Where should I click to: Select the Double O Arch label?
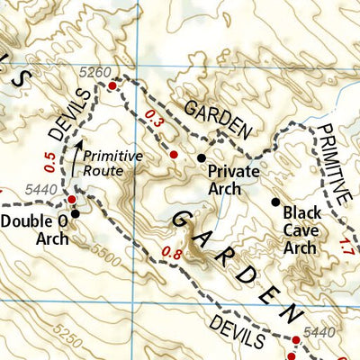(35, 229)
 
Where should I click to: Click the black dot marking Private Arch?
(202, 157)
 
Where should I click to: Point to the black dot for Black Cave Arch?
(274, 202)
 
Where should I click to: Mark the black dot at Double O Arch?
(76, 214)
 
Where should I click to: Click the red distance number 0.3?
(154, 117)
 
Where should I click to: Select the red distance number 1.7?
(347, 244)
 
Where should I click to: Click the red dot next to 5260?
(112, 85)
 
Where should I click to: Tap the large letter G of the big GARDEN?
(184, 217)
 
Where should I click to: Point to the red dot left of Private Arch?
(175, 156)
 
